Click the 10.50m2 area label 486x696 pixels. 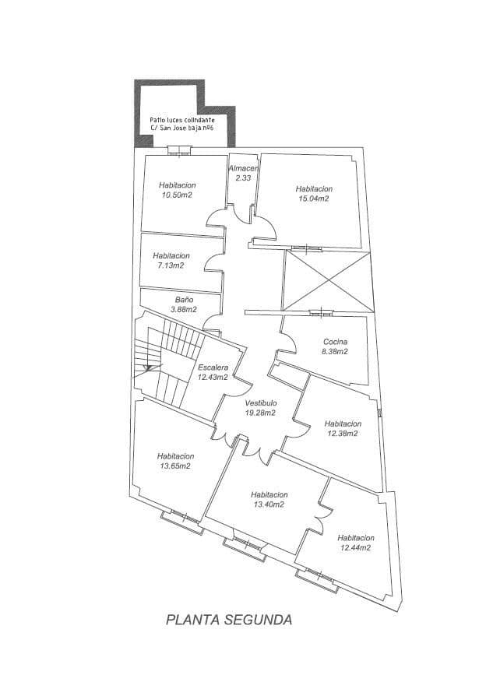(x=178, y=195)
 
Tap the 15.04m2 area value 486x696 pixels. (x=314, y=199)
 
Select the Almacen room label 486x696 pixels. (x=243, y=168)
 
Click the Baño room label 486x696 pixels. (x=184, y=299)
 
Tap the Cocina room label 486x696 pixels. (x=335, y=342)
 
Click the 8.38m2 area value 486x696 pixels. (x=335, y=352)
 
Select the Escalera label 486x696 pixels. (x=213, y=367)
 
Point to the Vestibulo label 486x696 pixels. (x=260, y=402)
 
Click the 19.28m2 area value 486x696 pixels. (x=260, y=413)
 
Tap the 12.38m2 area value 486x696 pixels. (x=342, y=434)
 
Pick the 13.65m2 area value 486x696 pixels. (x=175, y=466)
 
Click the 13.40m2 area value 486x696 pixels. (x=269, y=504)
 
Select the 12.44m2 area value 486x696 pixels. (x=354, y=548)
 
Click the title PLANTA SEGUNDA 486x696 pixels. (x=229, y=620)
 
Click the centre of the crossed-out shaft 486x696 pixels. (x=325, y=280)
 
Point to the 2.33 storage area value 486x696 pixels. (x=243, y=178)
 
